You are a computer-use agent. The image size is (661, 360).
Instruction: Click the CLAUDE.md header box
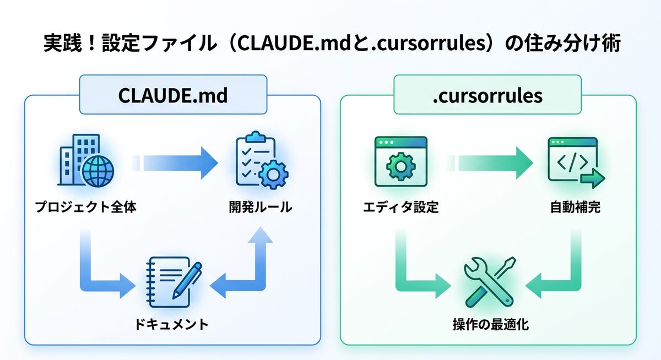click(x=173, y=95)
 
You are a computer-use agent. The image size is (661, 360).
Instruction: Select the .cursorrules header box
click(x=487, y=95)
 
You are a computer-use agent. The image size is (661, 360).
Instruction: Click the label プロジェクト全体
click(x=85, y=208)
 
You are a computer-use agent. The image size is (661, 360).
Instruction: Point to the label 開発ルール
click(x=260, y=208)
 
